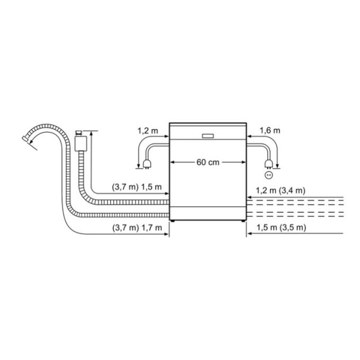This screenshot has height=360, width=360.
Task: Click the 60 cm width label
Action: [x=208, y=162]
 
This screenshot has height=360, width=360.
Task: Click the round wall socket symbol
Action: [x=268, y=173]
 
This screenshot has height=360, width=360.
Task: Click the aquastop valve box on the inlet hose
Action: [x=81, y=141]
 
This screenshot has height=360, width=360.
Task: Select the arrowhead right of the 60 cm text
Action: [x=243, y=162]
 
